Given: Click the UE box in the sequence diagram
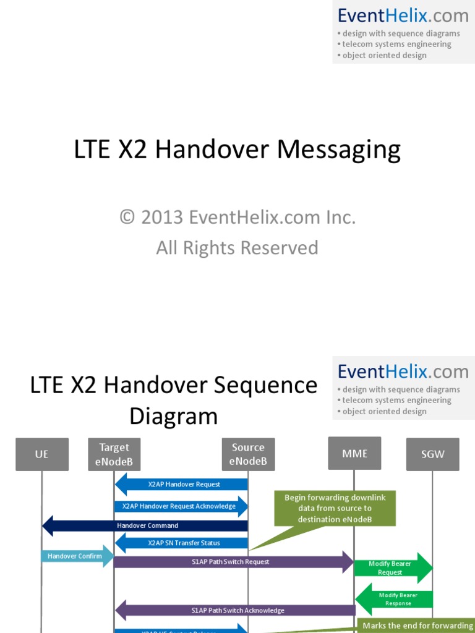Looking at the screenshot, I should (41, 454).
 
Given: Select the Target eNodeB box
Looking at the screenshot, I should (114, 454).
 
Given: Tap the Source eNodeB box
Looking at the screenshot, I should (248, 454).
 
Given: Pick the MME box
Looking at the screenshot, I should (354, 453).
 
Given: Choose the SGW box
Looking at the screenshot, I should (433, 454).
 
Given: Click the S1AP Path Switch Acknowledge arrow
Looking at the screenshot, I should (235, 610).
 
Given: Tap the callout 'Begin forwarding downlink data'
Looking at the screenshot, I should (335, 508).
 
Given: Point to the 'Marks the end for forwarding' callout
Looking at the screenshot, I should (417, 626).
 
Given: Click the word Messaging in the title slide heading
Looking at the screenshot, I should (338, 150).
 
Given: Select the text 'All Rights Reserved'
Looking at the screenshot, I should (237, 248).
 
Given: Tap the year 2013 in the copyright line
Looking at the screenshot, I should (162, 218).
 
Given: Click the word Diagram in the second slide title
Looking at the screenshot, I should (174, 416).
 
